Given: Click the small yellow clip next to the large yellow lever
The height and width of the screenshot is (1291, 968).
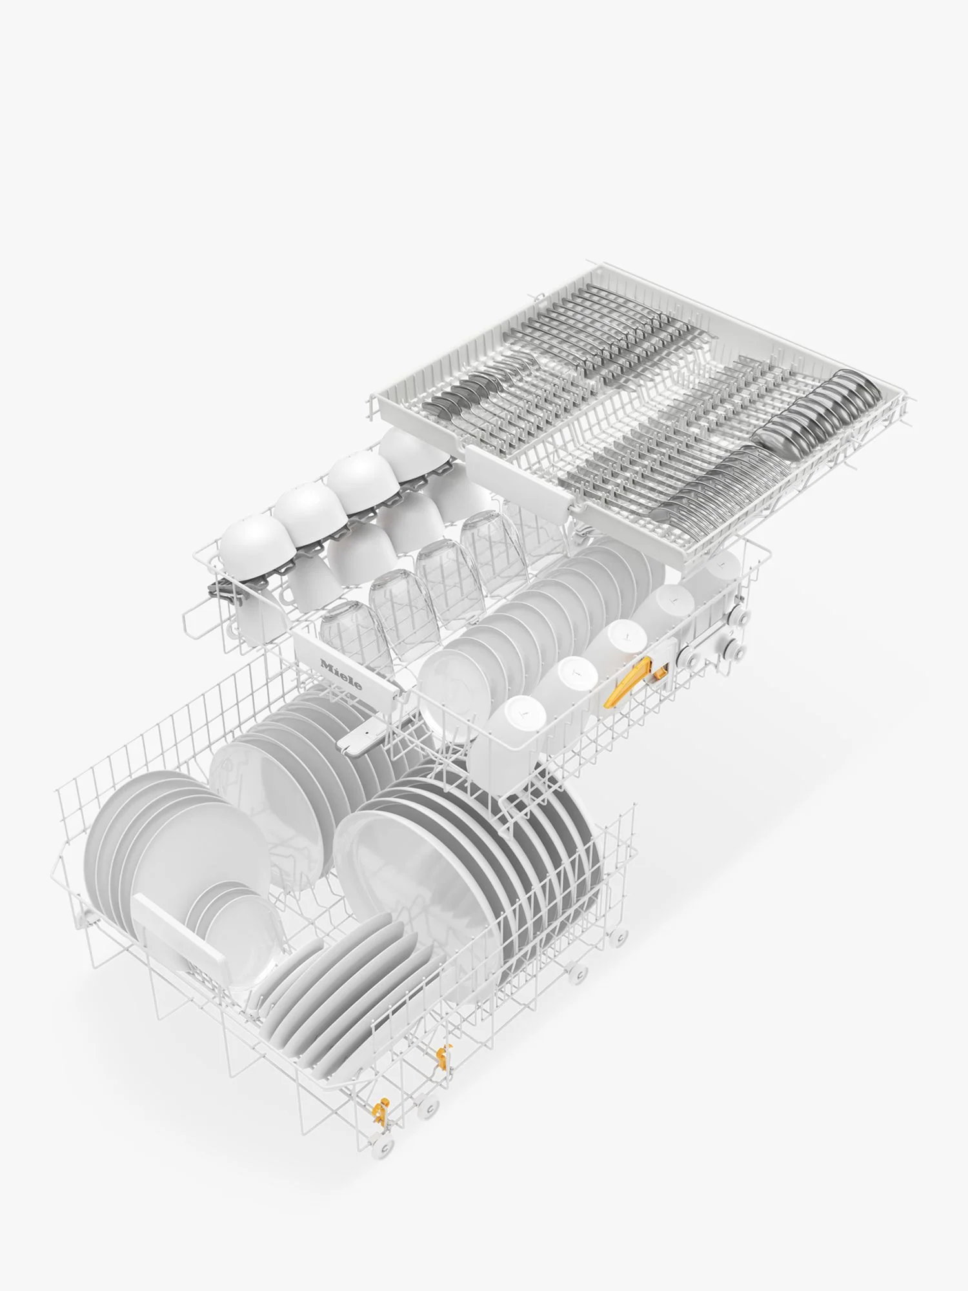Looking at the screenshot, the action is pos(659,672).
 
